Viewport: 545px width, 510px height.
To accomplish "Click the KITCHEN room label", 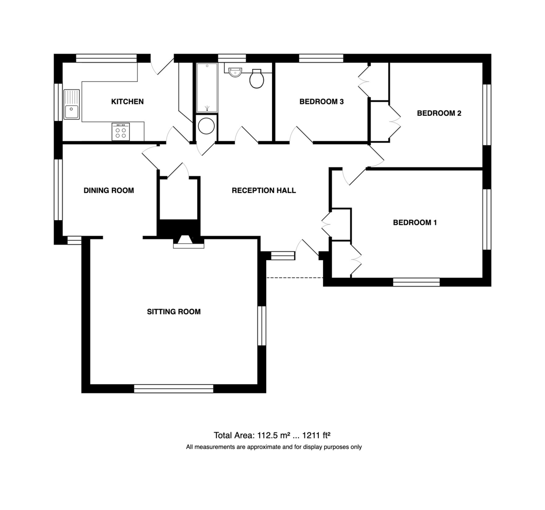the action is click(127, 102).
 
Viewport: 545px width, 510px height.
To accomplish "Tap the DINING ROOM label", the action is click(109, 190).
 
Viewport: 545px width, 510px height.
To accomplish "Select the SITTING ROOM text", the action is click(173, 312).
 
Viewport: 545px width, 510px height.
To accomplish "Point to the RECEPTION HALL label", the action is click(264, 190).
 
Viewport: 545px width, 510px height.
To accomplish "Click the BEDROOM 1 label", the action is click(415, 223).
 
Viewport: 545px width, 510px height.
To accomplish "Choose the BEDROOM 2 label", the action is click(439, 113).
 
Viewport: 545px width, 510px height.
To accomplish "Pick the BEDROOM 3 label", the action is click(322, 102).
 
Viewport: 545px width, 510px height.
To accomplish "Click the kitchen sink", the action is click(72, 104).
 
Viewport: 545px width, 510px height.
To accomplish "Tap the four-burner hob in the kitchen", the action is click(121, 132).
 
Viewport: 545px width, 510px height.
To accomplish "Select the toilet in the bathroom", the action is click(257, 79).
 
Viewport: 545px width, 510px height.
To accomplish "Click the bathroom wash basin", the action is click(235, 72).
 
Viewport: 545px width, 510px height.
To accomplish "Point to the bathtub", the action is click(207, 88).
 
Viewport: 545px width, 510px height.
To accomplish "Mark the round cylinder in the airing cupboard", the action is click(206, 126).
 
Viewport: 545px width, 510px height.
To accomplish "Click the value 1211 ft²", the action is click(316, 436).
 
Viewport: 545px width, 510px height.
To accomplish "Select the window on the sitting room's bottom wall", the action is click(173, 388).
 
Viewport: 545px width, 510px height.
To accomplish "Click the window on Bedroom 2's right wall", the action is click(487, 114).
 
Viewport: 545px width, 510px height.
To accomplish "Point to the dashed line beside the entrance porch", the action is click(295, 278).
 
